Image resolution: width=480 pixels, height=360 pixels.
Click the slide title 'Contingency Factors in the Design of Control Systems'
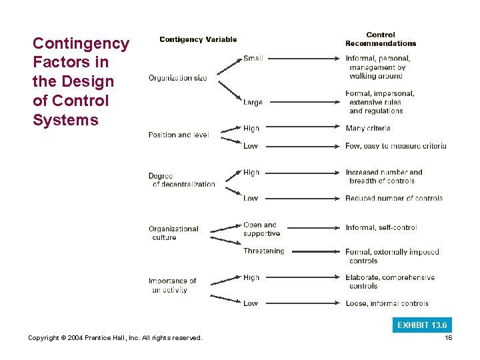click(x=81, y=82)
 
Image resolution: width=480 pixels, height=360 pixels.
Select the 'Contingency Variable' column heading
click(x=198, y=39)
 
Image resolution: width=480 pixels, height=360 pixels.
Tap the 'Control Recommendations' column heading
click(x=380, y=39)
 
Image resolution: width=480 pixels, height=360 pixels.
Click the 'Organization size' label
click(x=177, y=78)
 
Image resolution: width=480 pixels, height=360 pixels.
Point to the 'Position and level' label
click(x=178, y=135)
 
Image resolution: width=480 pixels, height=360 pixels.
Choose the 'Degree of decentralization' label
click(x=181, y=180)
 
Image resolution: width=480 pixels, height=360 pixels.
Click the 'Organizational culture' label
click(x=173, y=233)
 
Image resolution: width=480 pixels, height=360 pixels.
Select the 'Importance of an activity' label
click(x=172, y=285)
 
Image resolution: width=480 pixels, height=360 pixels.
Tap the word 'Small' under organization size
click(x=253, y=59)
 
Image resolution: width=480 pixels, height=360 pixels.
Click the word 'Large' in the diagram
click(x=253, y=103)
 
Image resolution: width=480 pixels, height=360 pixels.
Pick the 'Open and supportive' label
click(x=261, y=229)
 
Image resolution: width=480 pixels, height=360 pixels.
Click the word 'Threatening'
click(x=263, y=251)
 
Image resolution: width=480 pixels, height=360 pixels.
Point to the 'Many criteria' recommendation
click(x=368, y=128)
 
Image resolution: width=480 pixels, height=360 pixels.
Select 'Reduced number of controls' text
click(x=394, y=198)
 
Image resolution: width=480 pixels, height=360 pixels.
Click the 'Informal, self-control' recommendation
click(x=381, y=227)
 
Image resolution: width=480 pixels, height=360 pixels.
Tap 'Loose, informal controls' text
click(x=387, y=303)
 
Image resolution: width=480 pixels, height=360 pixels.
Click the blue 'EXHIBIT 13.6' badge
click(x=422, y=325)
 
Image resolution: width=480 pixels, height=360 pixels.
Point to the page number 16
click(x=448, y=338)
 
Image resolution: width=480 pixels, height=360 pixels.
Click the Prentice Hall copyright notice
click(x=115, y=338)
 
